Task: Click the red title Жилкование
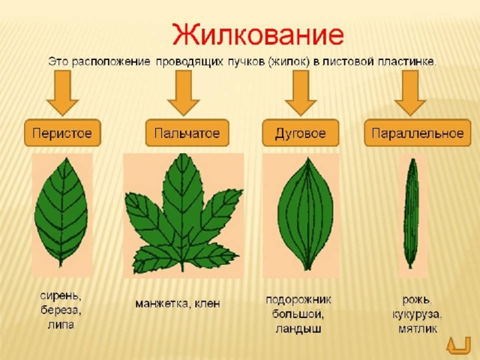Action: (x=258, y=34)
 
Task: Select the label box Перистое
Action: (x=62, y=133)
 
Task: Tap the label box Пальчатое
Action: (x=187, y=133)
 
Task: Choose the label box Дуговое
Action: (x=300, y=133)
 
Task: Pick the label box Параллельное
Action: (x=418, y=133)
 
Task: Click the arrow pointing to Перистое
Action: (x=62, y=93)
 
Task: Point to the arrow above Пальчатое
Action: (x=184, y=93)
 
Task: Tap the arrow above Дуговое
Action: (x=301, y=93)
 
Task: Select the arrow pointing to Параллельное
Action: (x=410, y=93)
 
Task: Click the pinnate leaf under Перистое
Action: (x=61, y=211)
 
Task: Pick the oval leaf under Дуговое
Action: (x=306, y=214)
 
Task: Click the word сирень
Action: (x=61, y=296)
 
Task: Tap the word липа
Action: (x=61, y=325)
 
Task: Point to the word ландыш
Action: (x=298, y=328)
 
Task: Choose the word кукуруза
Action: (x=417, y=315)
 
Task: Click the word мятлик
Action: (x=418, y=328)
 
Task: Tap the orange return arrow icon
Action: (x=458, y=345)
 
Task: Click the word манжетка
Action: (x=162, y=303)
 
